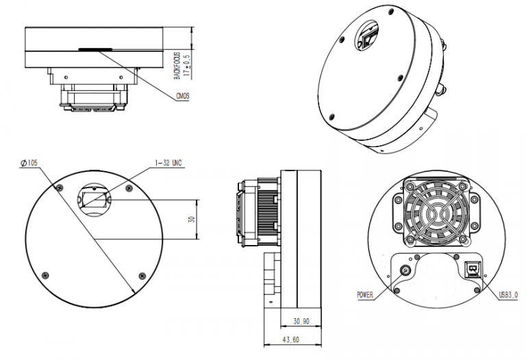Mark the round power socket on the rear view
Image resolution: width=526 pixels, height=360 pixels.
(406, 272)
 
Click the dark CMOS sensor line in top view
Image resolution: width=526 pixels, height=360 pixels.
(95, 49)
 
